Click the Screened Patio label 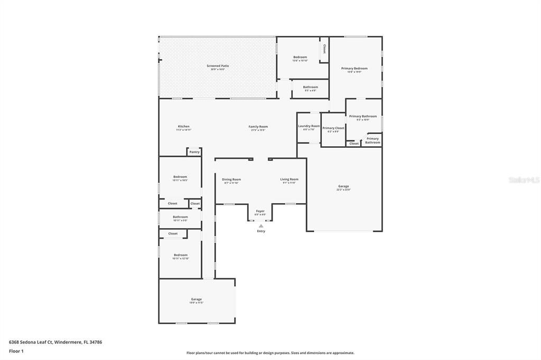[218, 66]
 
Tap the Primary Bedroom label [354, 69]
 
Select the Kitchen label [183, 127]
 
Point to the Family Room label [258, 127]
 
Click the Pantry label [194, 152]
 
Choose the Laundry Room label [309, 126]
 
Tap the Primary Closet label [333, 128]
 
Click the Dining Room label [231, 179]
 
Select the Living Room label [289, 179]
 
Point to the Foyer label [260, 211]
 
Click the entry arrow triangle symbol [261, 226]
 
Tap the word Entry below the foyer [261, 231]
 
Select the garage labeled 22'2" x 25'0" [343, 186]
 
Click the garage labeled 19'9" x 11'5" [196, 299]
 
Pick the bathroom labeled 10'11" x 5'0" [180, 217]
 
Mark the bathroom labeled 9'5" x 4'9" [310, 87]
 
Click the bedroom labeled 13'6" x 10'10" [300, 57]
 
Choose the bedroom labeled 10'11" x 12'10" [180, 255]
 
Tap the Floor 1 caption [16, 351]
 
